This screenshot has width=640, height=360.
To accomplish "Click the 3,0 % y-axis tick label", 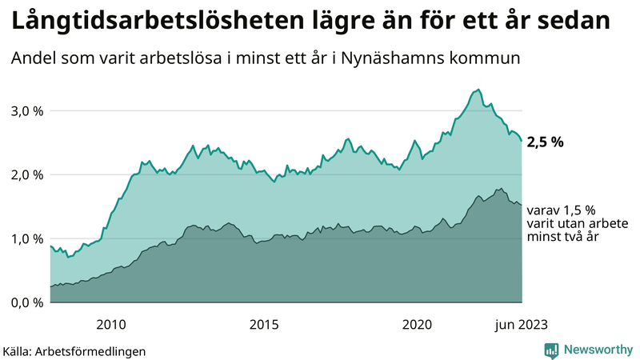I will point(26,110).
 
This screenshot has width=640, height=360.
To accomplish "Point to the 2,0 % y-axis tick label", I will point(26,174).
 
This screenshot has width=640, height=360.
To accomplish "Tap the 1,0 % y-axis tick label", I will point(26,238).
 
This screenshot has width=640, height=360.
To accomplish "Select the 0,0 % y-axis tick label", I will point(26,302).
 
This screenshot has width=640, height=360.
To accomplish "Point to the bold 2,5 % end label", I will point(546,142).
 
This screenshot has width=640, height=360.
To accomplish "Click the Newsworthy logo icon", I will point(551,350).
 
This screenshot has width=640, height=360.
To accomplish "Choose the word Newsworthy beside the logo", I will point(596,350).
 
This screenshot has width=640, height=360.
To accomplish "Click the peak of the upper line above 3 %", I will point(478,90).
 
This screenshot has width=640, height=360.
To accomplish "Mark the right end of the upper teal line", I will point(522,141).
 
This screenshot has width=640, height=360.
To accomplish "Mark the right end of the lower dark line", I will point(522,206).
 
